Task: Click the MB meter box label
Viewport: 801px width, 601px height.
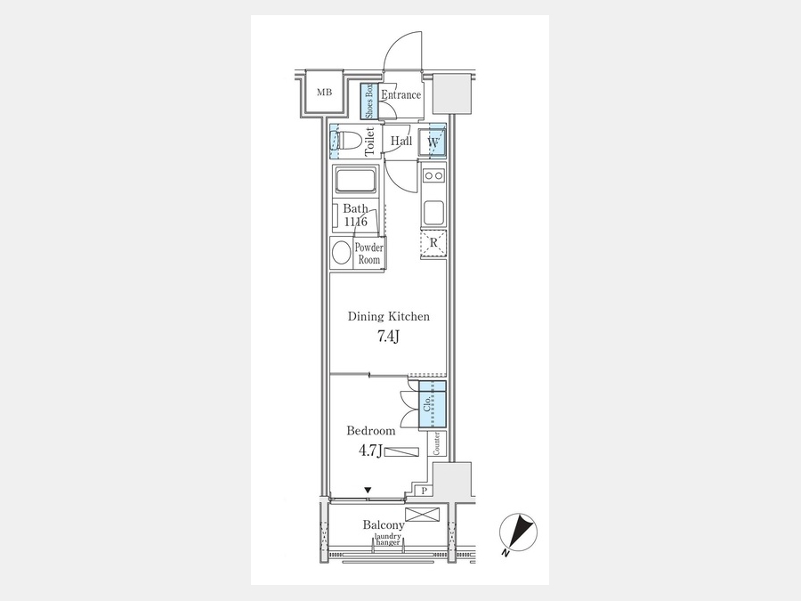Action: point(324,93)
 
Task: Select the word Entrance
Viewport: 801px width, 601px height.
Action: point(401,94)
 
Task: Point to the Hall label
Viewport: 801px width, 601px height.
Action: point(401,141)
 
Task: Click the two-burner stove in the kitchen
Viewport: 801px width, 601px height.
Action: point(433,175)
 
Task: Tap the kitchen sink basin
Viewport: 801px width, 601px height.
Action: point(433,213)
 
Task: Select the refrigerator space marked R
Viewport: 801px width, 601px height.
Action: point(433,244)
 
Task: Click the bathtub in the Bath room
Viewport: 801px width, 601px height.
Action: point(355,181)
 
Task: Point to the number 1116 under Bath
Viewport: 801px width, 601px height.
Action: point(355,222)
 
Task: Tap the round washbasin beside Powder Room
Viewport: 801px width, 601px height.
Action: point(341,253)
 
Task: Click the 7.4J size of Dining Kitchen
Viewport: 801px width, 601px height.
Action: point(388,337)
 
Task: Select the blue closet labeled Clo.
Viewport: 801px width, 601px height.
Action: point(433,404)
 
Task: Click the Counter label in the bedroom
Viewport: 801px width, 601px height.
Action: point(437,443)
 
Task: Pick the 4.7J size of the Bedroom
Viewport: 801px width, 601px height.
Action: point(370,451)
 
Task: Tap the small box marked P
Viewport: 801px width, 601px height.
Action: point(425,491)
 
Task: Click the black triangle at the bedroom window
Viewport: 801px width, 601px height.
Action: point(368,491)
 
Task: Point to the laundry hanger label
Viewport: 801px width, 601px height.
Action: point(388,540)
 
